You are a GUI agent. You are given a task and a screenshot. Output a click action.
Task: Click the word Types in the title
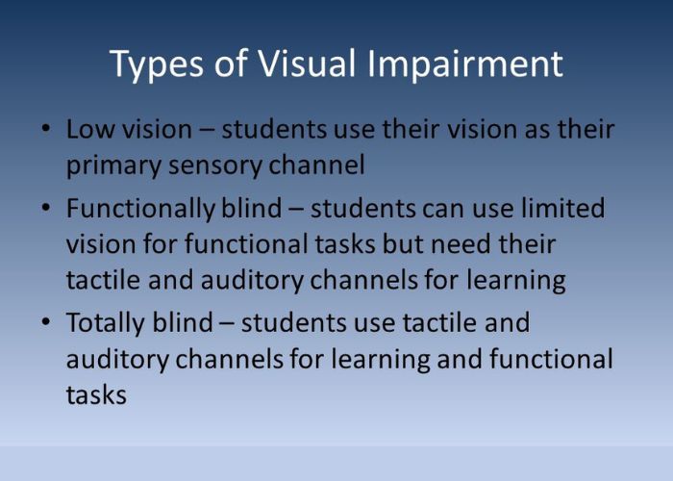point(156,64)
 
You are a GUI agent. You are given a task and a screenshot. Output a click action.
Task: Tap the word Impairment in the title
point(464,64)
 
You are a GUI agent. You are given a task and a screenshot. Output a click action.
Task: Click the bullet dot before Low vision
point(46,128)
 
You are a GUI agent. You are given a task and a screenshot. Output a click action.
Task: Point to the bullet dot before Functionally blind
point(46,208)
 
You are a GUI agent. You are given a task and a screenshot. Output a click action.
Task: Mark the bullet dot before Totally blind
point(46,321)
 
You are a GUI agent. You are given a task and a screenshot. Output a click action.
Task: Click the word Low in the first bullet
point(90,129)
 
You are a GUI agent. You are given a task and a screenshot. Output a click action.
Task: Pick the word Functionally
point(140,210)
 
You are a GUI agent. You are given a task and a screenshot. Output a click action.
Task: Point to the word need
point(461,244)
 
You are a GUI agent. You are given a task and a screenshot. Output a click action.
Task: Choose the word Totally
point(105,324)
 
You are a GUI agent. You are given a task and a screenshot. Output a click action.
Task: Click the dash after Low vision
point(207,130)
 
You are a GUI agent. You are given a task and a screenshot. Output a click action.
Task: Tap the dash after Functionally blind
point(296,209)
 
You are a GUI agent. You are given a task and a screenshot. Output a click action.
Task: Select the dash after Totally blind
point(227,323)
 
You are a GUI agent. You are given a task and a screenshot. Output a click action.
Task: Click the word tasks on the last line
point(96,395)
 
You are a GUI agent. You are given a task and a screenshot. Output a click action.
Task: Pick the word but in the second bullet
point(403,244)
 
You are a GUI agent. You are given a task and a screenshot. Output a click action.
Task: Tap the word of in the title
point(231,63)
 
